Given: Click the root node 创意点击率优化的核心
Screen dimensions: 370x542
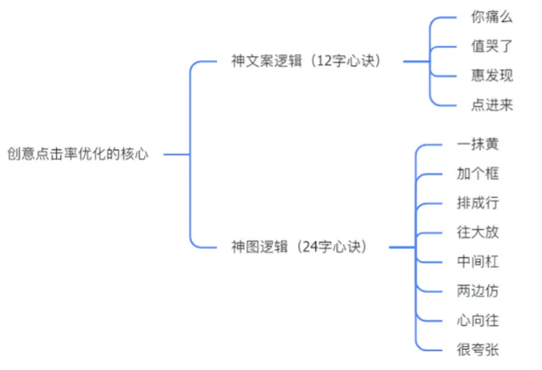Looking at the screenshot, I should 77,155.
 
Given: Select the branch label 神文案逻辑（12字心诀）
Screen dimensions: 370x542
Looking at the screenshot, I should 306,62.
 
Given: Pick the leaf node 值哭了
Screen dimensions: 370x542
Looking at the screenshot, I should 491,47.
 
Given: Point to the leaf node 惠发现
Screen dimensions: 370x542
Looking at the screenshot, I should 491,76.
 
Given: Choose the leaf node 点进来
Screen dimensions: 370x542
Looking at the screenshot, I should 491,105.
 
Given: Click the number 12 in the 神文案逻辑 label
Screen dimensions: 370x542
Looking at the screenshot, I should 324,62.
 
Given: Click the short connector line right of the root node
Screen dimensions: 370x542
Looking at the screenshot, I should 175,155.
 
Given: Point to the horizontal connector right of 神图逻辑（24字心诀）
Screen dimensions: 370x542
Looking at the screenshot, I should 402,247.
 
